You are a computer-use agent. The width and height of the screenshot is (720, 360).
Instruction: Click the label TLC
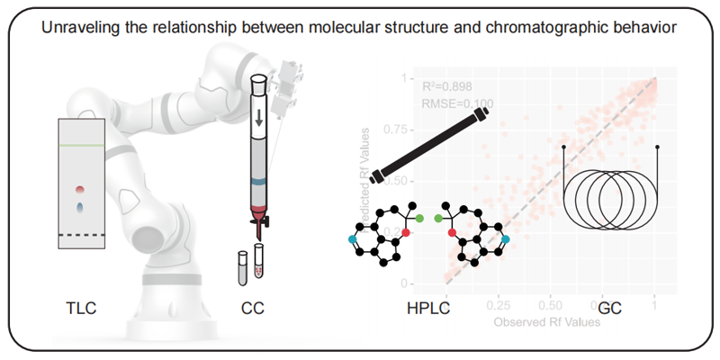pos(80,310)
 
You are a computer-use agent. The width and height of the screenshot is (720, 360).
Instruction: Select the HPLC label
pos(428,310)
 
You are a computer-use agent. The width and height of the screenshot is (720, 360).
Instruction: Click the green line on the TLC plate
pos(82,146)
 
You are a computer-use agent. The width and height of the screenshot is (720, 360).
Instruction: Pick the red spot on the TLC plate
pos(81,190)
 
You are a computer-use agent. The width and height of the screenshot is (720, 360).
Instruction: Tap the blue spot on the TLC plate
pos(81,207)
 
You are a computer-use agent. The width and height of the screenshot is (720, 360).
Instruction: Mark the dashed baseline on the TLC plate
pos(82,235)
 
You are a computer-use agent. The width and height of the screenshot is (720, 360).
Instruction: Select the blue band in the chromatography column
pos(259,182)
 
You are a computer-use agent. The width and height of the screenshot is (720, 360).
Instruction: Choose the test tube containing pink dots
pos(261,262)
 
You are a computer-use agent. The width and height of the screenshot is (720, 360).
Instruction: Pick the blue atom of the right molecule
pos(505,238)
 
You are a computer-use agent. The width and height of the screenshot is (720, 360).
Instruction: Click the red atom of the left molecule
pos(406,232)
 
